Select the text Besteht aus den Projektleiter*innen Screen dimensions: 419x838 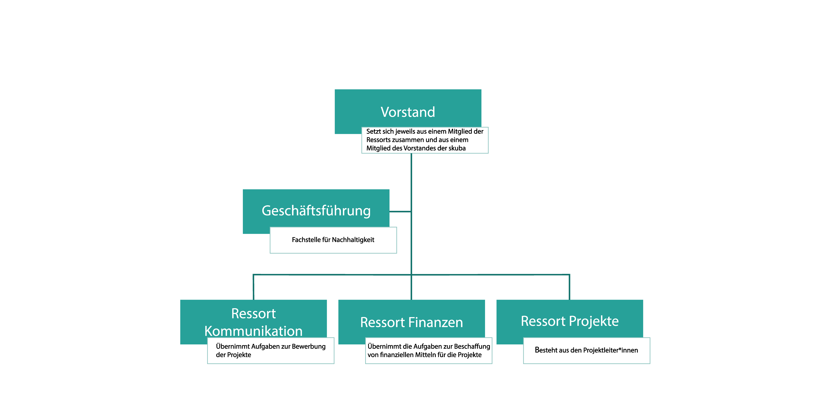pos(586,350)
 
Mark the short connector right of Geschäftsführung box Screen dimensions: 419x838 pos(400,212)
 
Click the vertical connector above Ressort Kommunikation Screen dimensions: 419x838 pos(253,287)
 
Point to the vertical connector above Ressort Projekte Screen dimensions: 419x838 pos(569,287)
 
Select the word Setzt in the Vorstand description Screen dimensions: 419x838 pos(373,131)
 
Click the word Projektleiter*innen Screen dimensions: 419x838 pos(610,350)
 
